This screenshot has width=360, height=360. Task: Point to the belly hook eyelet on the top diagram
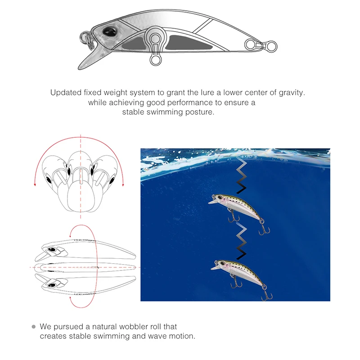pos(156,59)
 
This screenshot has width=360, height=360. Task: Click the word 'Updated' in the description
pos(66,93)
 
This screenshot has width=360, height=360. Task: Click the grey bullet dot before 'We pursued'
pos(33,326)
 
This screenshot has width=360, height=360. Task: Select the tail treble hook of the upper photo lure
pos(261,228)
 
